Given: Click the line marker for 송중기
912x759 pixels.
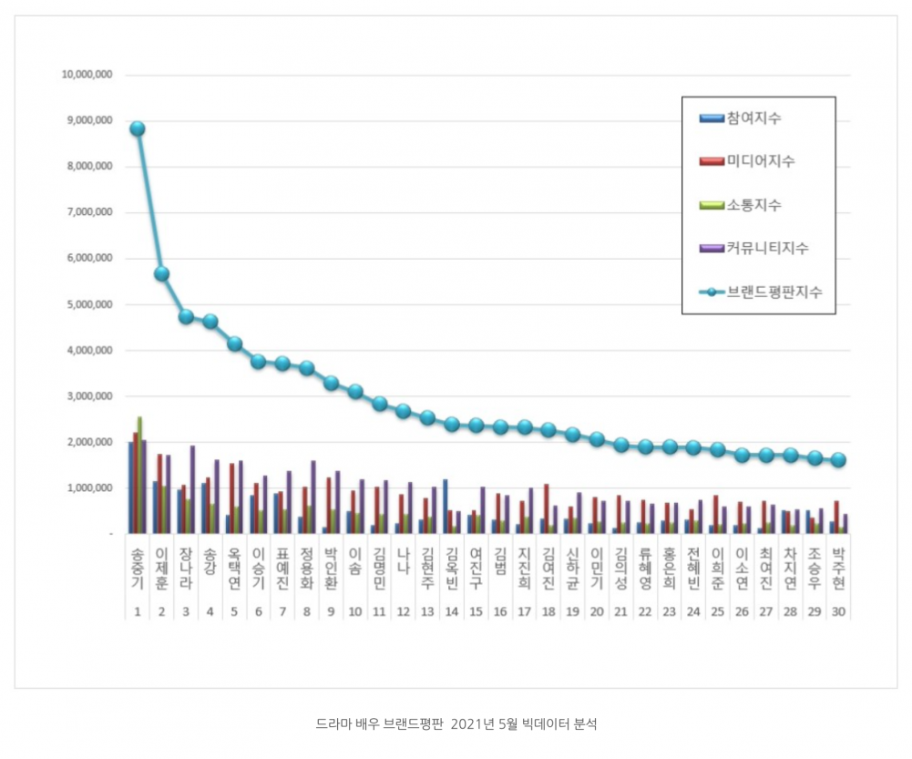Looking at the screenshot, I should (137, 128).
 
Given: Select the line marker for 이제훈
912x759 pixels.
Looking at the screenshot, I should (161, 273).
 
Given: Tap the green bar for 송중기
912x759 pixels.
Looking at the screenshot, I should (139, 474).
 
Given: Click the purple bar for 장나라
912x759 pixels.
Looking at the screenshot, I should (192, 489).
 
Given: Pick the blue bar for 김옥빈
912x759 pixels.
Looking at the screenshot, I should (446, 506).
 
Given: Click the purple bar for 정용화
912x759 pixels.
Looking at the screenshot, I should (313, 497).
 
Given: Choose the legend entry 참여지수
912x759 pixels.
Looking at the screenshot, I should (753, 118).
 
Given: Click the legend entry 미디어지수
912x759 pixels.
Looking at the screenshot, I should (760, 161).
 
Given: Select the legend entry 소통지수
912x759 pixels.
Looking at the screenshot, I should (753, 205).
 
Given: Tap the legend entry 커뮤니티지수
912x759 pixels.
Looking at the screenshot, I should (766, 248).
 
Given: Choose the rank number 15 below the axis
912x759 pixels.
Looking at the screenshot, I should (476, 612).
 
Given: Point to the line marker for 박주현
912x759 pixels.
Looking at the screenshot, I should (838, 460).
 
